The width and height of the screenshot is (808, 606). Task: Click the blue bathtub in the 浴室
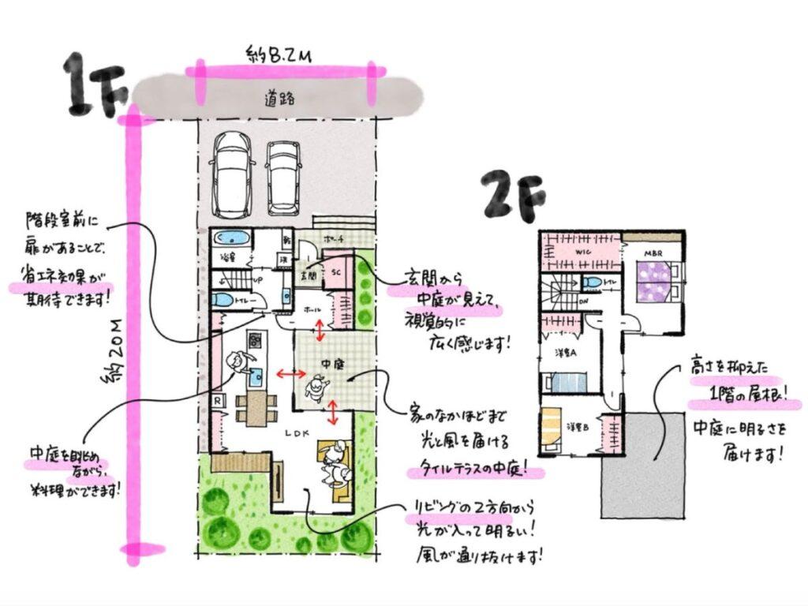point(231,240)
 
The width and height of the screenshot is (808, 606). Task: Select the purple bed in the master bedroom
point(654,281)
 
